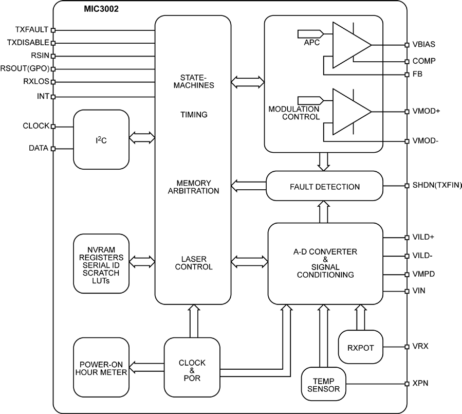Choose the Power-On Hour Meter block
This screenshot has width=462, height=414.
101,368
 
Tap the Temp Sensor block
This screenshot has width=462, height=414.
323,384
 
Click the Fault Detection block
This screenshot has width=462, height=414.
325,186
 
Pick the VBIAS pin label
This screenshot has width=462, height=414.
423,44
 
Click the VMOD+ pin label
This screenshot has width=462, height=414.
426,112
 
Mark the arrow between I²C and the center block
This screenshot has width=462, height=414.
141,137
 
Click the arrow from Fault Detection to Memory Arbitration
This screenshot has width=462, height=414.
249,183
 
